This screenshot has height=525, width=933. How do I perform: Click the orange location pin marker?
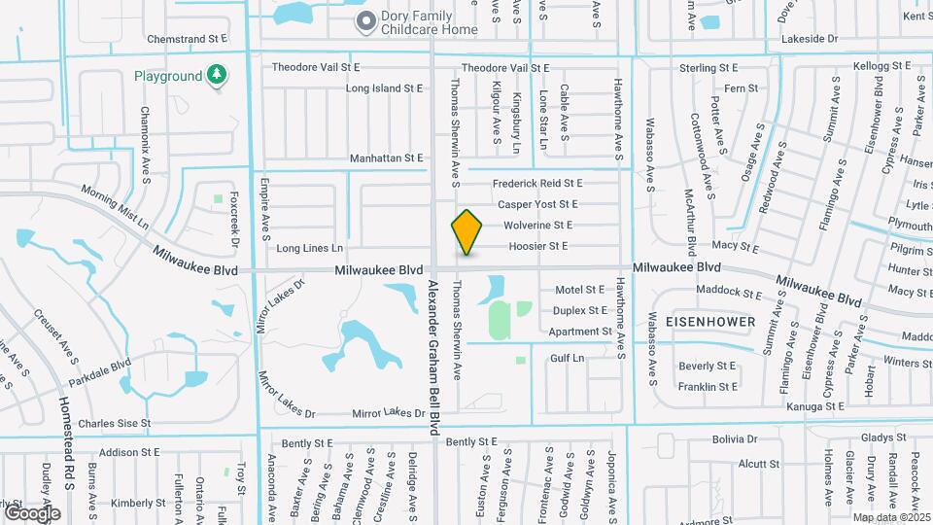tap(467, 231)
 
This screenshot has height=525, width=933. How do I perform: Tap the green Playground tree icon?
tap(218, 76)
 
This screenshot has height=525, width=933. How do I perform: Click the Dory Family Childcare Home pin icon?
tap(365, 20)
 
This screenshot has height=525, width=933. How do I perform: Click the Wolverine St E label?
tap(537, 225)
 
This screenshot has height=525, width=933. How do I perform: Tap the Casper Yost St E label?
tap(537, 204)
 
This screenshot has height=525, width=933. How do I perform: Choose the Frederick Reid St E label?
tap(537, 183)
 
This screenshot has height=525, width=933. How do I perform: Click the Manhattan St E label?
tap(386, 157)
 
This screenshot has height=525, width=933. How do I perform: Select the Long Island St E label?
tap(385, 87)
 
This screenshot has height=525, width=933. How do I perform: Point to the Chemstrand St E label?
tap(187, 39)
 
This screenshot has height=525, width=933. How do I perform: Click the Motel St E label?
tap(579, 290)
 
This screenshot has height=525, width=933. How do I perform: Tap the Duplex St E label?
tap(580, 311)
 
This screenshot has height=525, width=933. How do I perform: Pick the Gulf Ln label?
tap(567, 358)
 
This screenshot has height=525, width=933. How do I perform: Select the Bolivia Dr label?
tap(733, 439)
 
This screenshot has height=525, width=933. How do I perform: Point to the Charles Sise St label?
tap(115, 424)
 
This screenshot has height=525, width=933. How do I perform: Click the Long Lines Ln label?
tap(310, 248)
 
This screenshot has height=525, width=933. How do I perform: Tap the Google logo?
tap(31, 512)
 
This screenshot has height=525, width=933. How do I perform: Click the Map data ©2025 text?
tap(891, 517)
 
